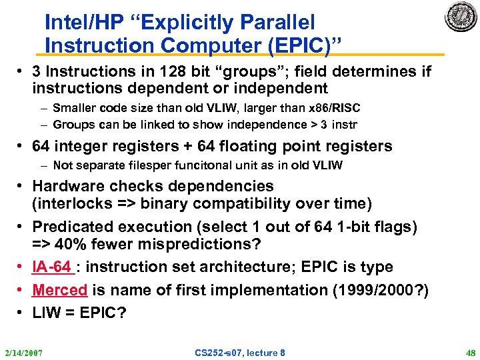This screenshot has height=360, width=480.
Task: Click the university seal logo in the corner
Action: coord(461,17)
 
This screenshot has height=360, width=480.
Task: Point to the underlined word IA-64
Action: coord(52,267)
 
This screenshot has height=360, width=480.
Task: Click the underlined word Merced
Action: coord(60,290)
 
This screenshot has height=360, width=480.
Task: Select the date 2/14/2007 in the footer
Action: coord(23,352)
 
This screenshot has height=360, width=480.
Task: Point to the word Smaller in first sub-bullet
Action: coord(74,107)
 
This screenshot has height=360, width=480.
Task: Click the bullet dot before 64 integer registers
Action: coord(23,145)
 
